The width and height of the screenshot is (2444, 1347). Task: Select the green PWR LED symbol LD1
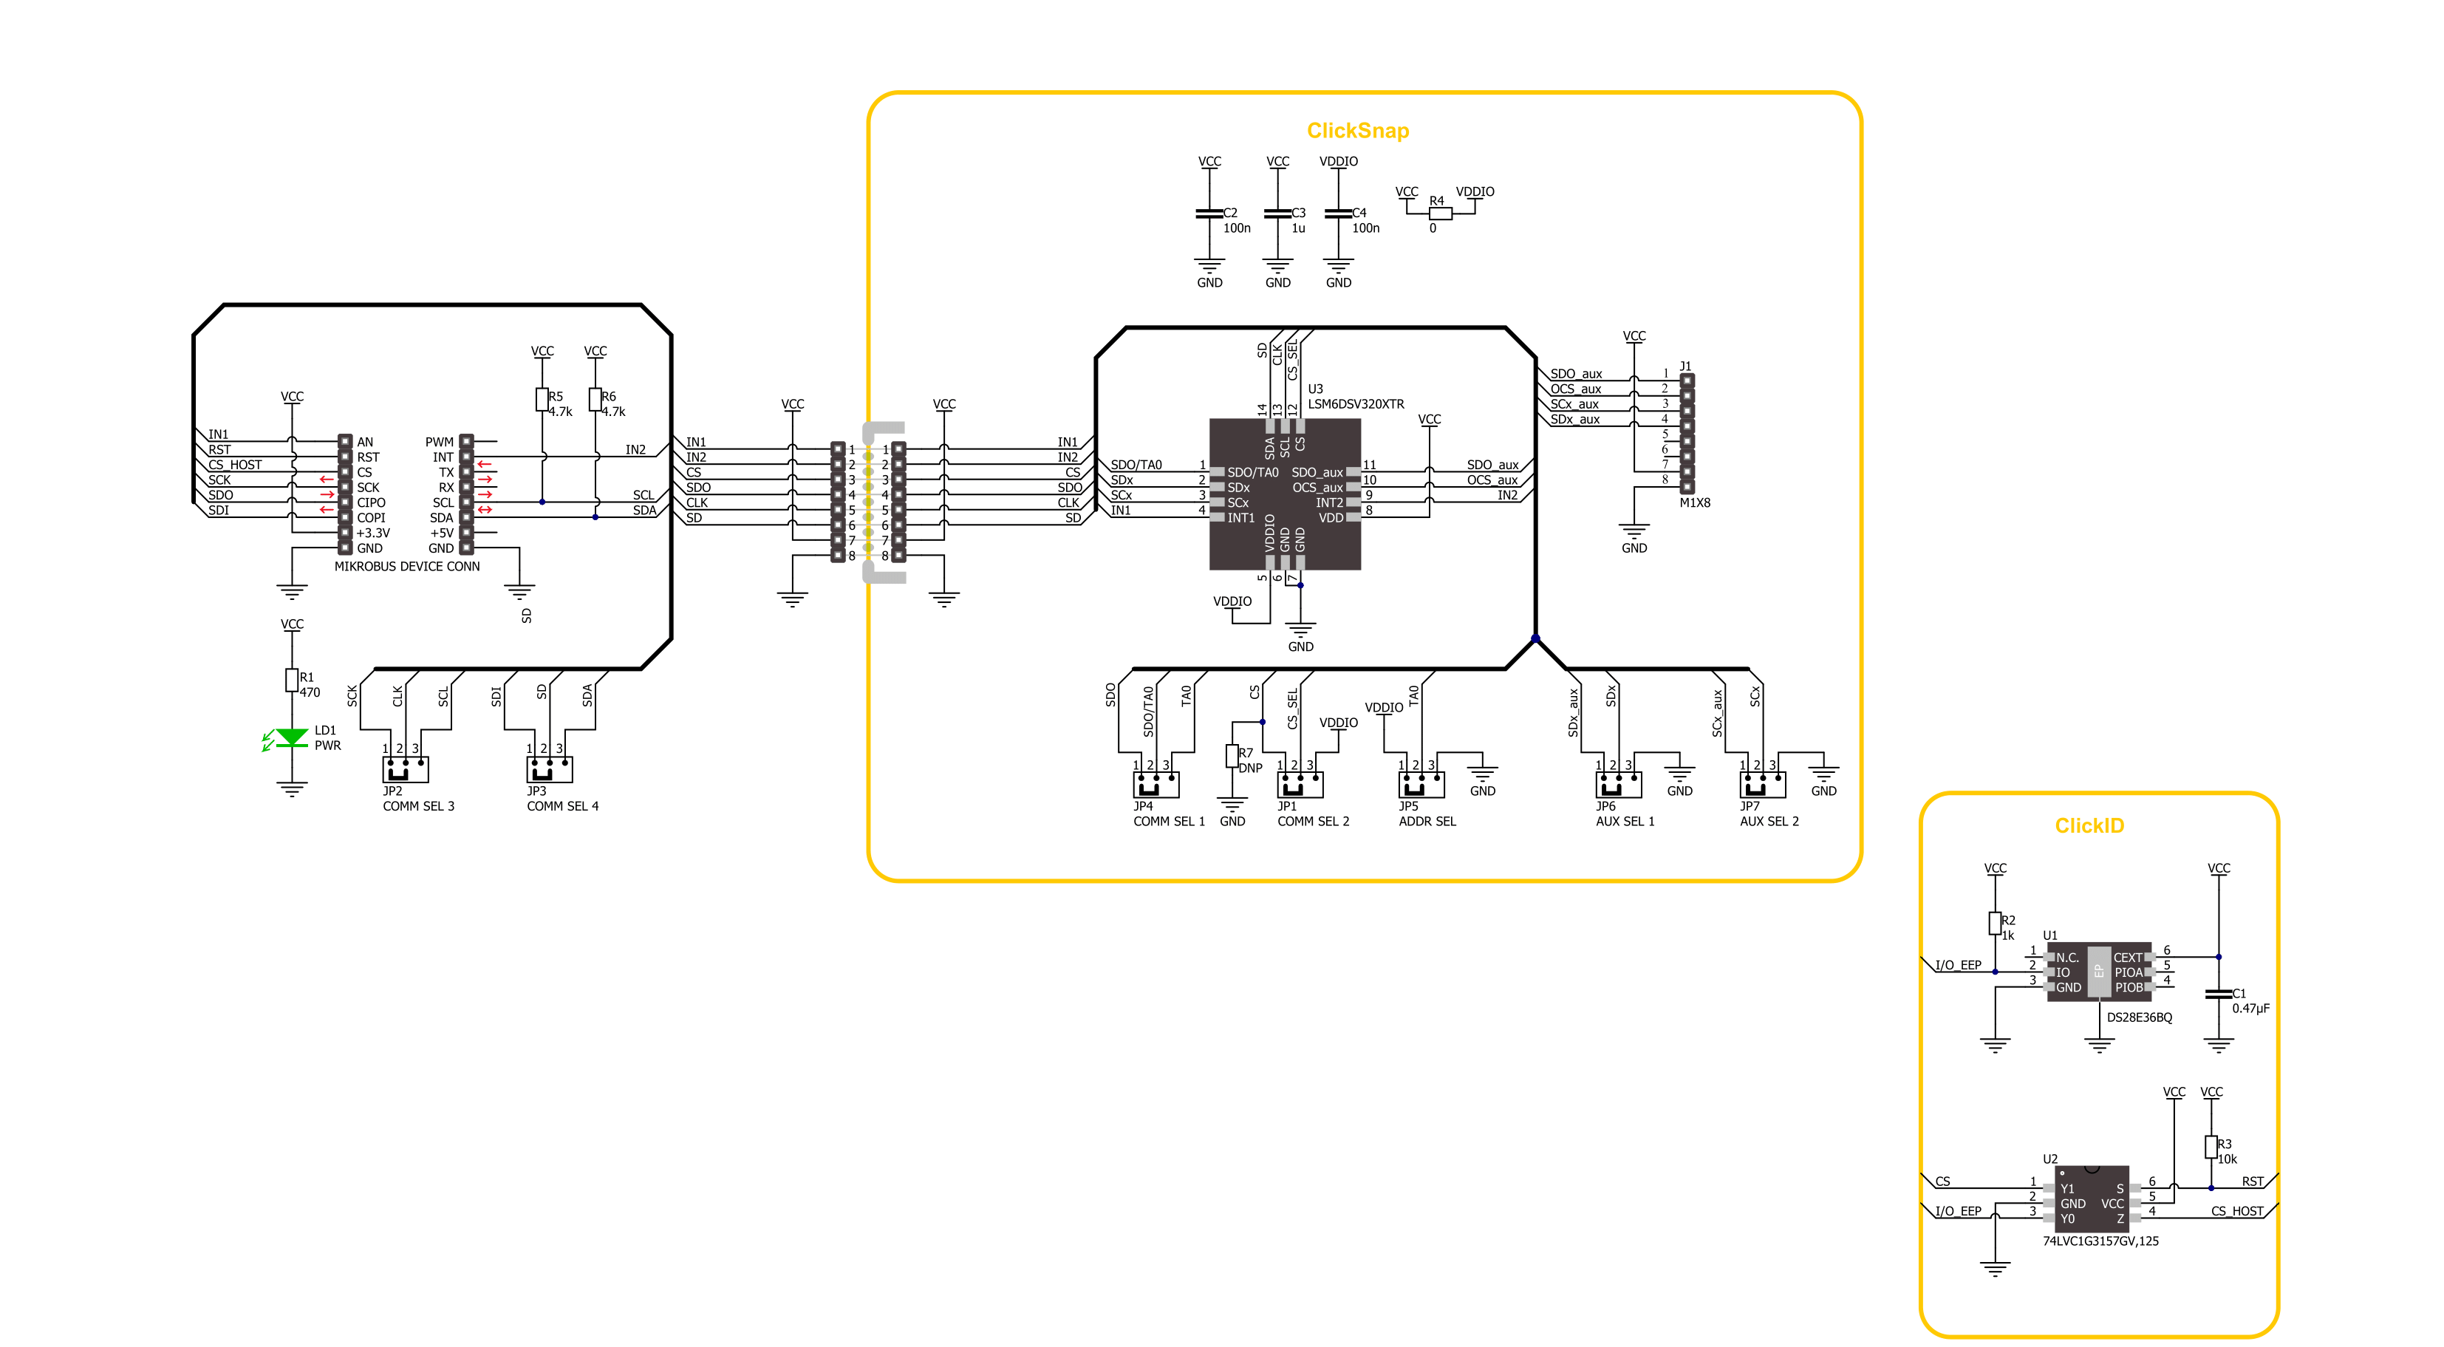click(x=291, y=737)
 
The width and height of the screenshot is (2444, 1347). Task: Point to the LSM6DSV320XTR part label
click(x=1355, y=404)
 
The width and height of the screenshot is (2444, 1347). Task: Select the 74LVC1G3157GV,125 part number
click(x=2100, y=1241)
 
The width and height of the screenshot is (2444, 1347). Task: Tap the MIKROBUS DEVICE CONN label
click(x=407, y=566)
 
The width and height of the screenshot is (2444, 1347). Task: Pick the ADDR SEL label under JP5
click(x=1426, y=822)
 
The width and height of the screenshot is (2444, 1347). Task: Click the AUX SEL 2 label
click(x=1769, y=822)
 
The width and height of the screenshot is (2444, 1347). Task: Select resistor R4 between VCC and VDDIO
click(x=1440, y=214)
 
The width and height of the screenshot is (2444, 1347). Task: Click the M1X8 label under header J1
click(x=1695, y=502)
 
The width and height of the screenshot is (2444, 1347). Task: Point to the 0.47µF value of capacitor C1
click(x=2250, y=1009)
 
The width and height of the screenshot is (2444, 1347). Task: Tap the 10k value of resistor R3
click(x=2227, y=1159)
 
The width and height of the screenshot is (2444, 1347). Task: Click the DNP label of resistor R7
click(x=1251, y=768)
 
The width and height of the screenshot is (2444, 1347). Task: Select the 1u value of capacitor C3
click(x=1298, y=228)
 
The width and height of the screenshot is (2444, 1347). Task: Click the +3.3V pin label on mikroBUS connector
click(x=372, y=533)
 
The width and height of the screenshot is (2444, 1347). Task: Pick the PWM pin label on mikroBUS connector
click(x=440, y=442)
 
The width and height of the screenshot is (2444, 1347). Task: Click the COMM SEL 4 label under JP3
click(x=563, y=806)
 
